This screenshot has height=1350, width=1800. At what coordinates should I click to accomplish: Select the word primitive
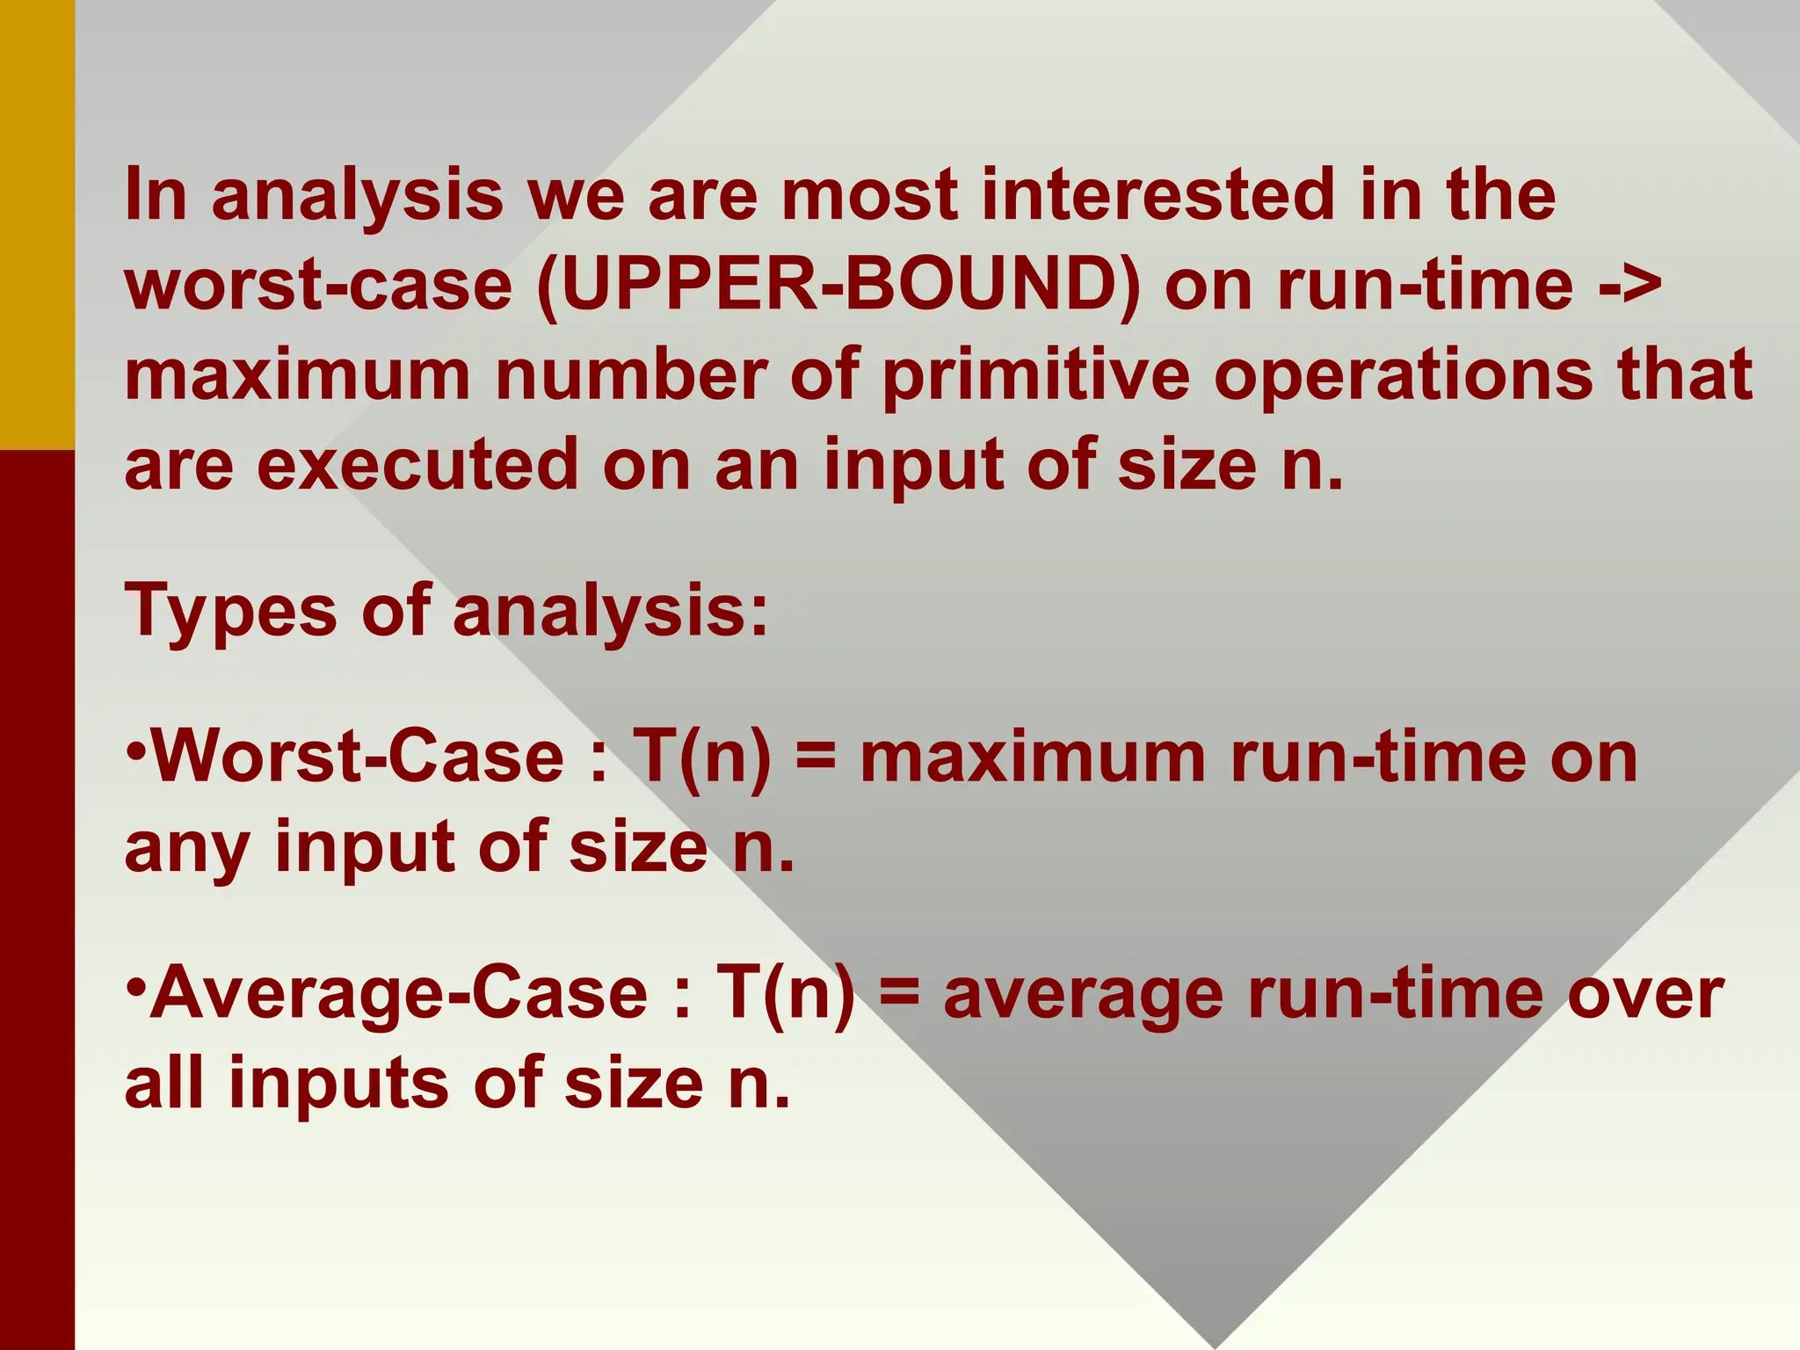click(x=1036, y=376)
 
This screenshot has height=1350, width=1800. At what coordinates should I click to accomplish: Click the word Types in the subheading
click(x=231, y=612)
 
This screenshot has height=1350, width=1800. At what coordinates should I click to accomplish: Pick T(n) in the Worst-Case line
click(x=702, y=758)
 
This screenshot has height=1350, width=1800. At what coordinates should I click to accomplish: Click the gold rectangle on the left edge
click(x=37, y=224)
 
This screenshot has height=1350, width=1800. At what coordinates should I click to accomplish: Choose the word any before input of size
click(x=186, y=848)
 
